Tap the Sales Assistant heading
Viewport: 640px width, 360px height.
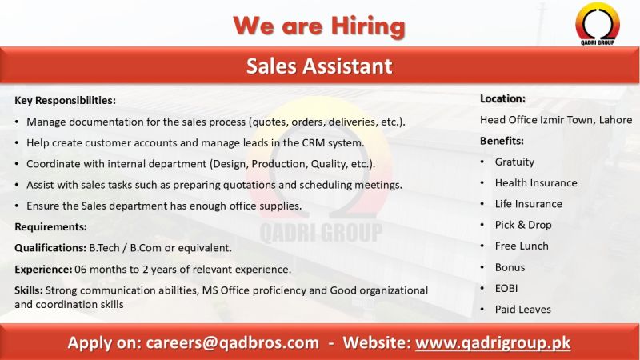click(x=319, y=66)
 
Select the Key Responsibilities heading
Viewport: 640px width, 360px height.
click(x=65, y=101)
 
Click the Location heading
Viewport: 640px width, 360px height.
click(x=502, y=98)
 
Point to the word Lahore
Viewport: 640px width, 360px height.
click(x=614, y=120)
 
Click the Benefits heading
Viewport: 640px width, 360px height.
click(x=502, y=141)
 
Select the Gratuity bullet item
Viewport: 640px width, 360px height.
click(x=514, y=162)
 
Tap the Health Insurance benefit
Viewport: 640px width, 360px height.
click(x=535, y=182)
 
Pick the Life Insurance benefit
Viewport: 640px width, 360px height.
click(x=528, y=204)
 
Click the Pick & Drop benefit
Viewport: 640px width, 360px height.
click(x=523, y=225)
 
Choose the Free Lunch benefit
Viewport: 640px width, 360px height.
click(x=522, y=246)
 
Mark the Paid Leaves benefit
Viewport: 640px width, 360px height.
click(x=522, y=309)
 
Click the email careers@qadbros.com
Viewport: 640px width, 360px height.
click(x=232, y=342)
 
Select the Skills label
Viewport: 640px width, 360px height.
click(x=29, y=290)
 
